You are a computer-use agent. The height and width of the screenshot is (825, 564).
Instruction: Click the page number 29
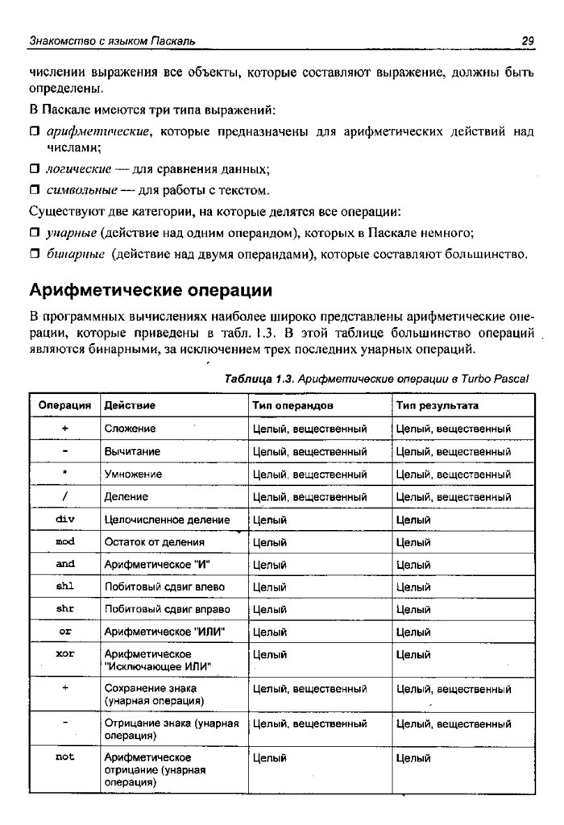coord(529,40)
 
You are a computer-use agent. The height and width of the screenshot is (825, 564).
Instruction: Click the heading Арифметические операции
coord(151,288)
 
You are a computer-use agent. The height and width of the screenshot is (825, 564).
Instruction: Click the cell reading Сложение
coord(130,429)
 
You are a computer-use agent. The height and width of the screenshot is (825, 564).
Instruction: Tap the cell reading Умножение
coord(133,474)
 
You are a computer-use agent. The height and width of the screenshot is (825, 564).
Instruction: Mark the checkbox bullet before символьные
coord(35,191)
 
